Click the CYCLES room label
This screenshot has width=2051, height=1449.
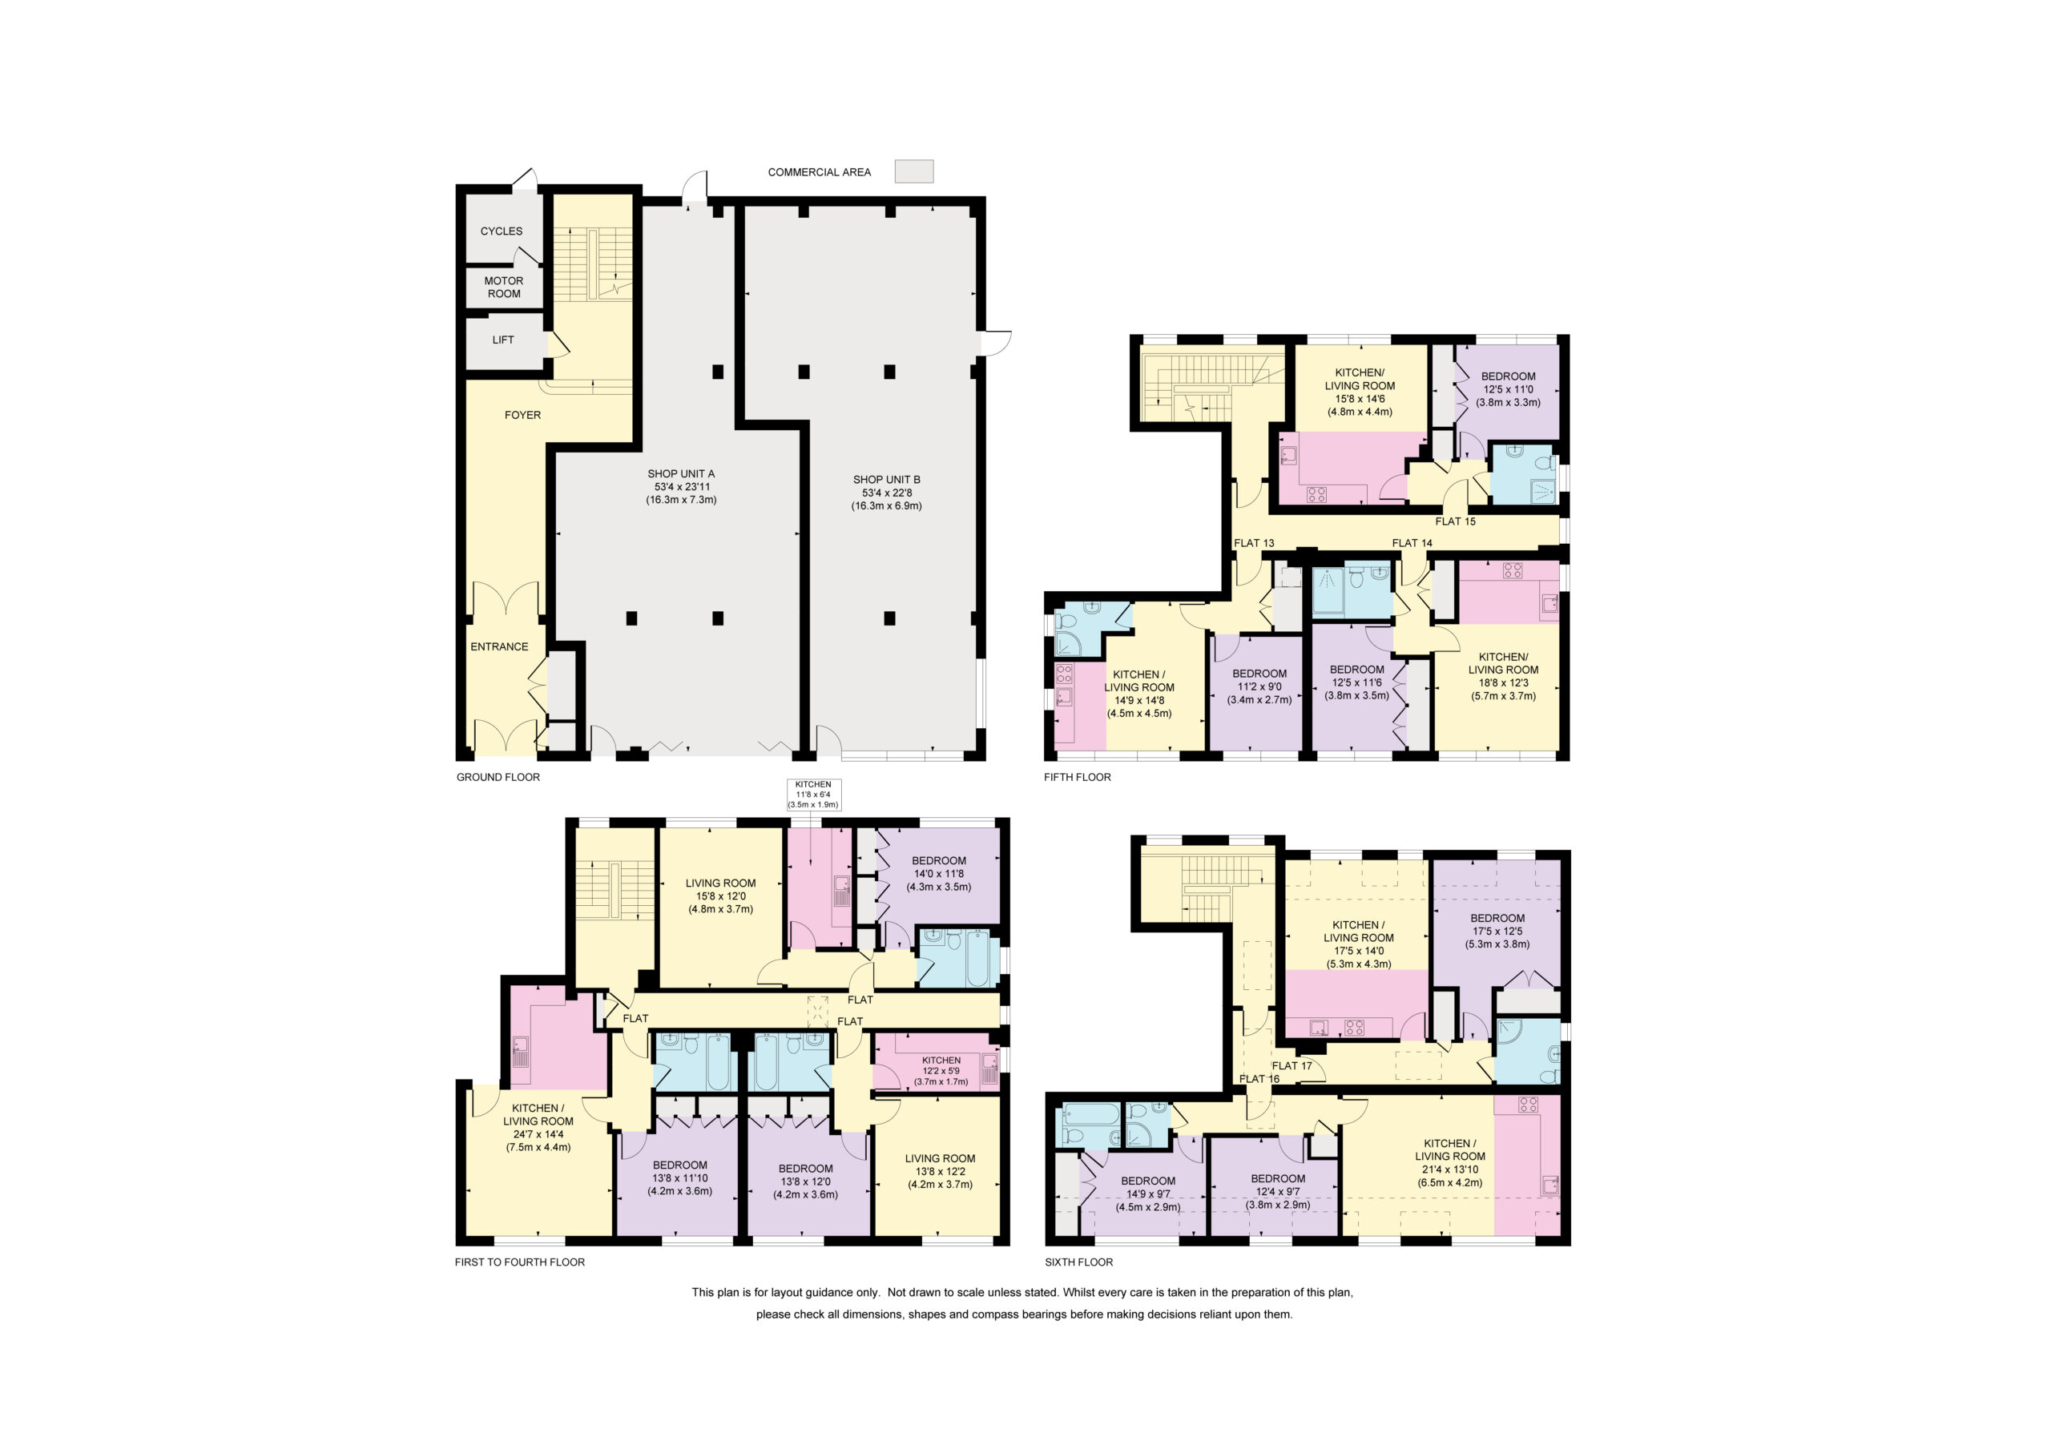click(502, 231)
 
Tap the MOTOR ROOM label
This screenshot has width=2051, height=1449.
click(504, 287)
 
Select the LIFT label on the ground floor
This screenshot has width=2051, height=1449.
click(503, 340)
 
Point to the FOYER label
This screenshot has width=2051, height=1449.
click(522, 414)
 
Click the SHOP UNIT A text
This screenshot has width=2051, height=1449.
click(681, 473)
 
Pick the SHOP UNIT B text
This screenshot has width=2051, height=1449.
click(886, 480)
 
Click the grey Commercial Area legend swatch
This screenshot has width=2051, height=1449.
click(914, 171)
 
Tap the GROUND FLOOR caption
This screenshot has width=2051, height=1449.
click(498, 777)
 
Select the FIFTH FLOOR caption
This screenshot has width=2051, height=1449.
click(1078, 777)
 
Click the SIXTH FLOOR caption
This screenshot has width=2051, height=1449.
click(1079, 1262)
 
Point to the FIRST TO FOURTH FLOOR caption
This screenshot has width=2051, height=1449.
click(520, 1262)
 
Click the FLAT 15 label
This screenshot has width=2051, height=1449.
click(1455, 521)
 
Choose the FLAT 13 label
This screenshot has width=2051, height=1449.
click(1254, 543)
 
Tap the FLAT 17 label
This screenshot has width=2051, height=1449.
click(1291, 1066)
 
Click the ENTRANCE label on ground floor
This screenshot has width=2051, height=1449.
click(499, 646)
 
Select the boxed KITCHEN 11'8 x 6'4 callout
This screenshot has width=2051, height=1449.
click(813, 794)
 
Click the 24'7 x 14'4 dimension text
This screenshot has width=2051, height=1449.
click(538, 1134)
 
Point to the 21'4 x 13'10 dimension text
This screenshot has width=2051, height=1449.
click(1450, 1169)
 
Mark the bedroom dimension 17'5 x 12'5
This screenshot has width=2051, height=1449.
click(1498, 931)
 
